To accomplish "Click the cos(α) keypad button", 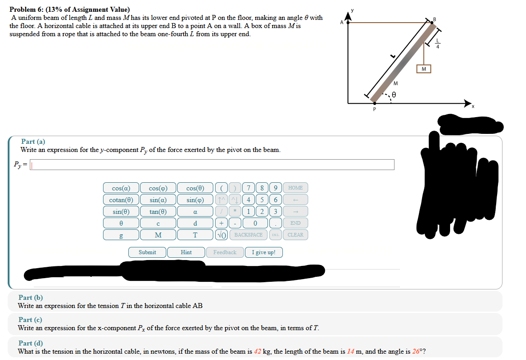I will coord(121,188).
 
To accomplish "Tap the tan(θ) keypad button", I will coord(158,212).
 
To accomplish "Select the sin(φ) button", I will coord(195,200).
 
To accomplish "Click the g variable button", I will coord(121,235).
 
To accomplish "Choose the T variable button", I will coord(195,235).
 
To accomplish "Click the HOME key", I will coord(296,188).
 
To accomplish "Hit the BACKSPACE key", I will coord(248,235).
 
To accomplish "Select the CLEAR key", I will coord(296,235).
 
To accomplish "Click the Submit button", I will coord(147,252).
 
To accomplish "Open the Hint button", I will coord(186,252).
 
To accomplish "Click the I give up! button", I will coord(263,252).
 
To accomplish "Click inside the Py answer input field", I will coord(212,165).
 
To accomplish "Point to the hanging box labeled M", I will coord(423,69).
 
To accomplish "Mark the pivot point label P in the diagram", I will coord(374,109).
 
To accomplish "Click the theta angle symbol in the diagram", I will coord(394,95).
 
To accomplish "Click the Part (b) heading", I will coord(31,298).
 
